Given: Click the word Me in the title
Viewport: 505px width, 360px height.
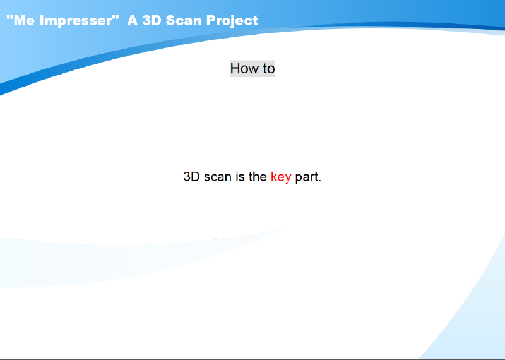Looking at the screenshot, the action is point(24,20).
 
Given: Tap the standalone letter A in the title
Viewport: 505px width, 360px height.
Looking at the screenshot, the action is point(133,20).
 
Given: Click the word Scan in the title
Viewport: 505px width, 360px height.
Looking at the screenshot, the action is point(184,20).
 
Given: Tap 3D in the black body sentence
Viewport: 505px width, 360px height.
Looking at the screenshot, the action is point(192,177).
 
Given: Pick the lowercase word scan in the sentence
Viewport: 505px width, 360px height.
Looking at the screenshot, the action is point(218,177).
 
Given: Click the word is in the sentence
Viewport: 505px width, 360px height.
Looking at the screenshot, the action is point(241,177).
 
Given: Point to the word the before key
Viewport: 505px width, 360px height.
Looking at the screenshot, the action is point(258,177).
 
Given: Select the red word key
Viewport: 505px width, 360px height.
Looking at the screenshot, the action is point(281,177).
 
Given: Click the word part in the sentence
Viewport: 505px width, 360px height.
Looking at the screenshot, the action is point(306,177).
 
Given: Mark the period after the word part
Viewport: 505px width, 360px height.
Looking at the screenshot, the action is point(319,181).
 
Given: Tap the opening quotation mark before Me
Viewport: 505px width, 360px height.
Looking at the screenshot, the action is point(9,18).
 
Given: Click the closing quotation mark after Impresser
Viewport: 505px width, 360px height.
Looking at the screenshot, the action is point(116,18).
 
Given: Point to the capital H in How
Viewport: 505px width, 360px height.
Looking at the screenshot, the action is point(235,68).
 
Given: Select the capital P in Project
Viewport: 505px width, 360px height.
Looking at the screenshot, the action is point(211,20).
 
